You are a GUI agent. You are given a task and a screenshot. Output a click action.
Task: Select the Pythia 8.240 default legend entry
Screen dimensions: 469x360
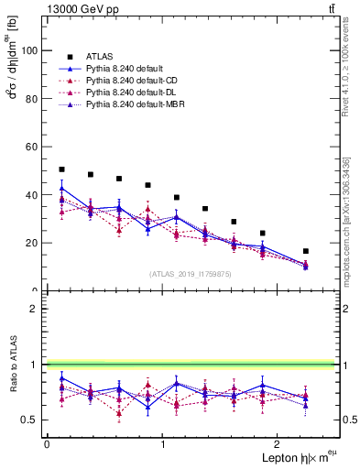tap(125, 68)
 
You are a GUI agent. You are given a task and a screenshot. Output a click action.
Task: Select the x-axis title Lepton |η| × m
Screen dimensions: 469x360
tap(291, 457)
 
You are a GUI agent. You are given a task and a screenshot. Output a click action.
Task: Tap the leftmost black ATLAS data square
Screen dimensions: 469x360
tap(61, 169)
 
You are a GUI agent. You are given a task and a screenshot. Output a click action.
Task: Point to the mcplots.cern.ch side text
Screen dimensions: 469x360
tap(349, 220)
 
